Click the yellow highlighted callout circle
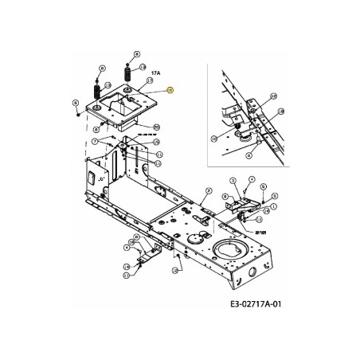pos(169,92)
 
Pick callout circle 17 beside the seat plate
pos(149,82)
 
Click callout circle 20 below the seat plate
pos(156,127)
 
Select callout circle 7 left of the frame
pos(94,140)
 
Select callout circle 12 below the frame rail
pos(175,271)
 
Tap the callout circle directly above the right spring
pos(136,54)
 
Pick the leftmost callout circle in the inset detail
pos(214,138)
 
